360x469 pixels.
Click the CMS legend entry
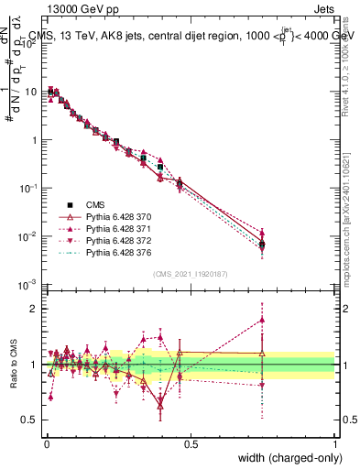[x=95, y=205]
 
